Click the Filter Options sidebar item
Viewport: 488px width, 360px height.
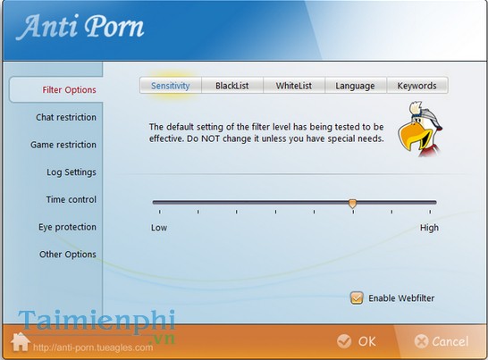[x=69, y=89]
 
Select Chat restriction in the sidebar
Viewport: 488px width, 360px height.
[x=66, y=117]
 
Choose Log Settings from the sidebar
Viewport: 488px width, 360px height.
[x=72, y=172]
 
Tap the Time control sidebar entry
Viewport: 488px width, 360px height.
[x=71, y=199]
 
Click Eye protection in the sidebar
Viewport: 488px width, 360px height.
[x=67, y=227]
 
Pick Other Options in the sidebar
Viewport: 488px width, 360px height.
[x=67, y=255]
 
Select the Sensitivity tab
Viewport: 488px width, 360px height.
[x=170, y=86]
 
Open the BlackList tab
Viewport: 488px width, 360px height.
[x=232, y=86]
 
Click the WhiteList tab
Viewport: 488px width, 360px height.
[x=293, y=86]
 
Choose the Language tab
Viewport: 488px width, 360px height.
[x=355, y=86]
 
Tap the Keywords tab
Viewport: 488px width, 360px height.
[x=416, y=86]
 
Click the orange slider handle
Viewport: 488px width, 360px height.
[x=352, y=204]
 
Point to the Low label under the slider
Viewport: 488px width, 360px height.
[x=159, y=228]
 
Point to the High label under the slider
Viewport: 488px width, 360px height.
[x=429, y=228]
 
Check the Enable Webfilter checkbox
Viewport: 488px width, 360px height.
[x=357, y=297]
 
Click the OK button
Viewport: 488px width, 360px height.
[x=357, y=341]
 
